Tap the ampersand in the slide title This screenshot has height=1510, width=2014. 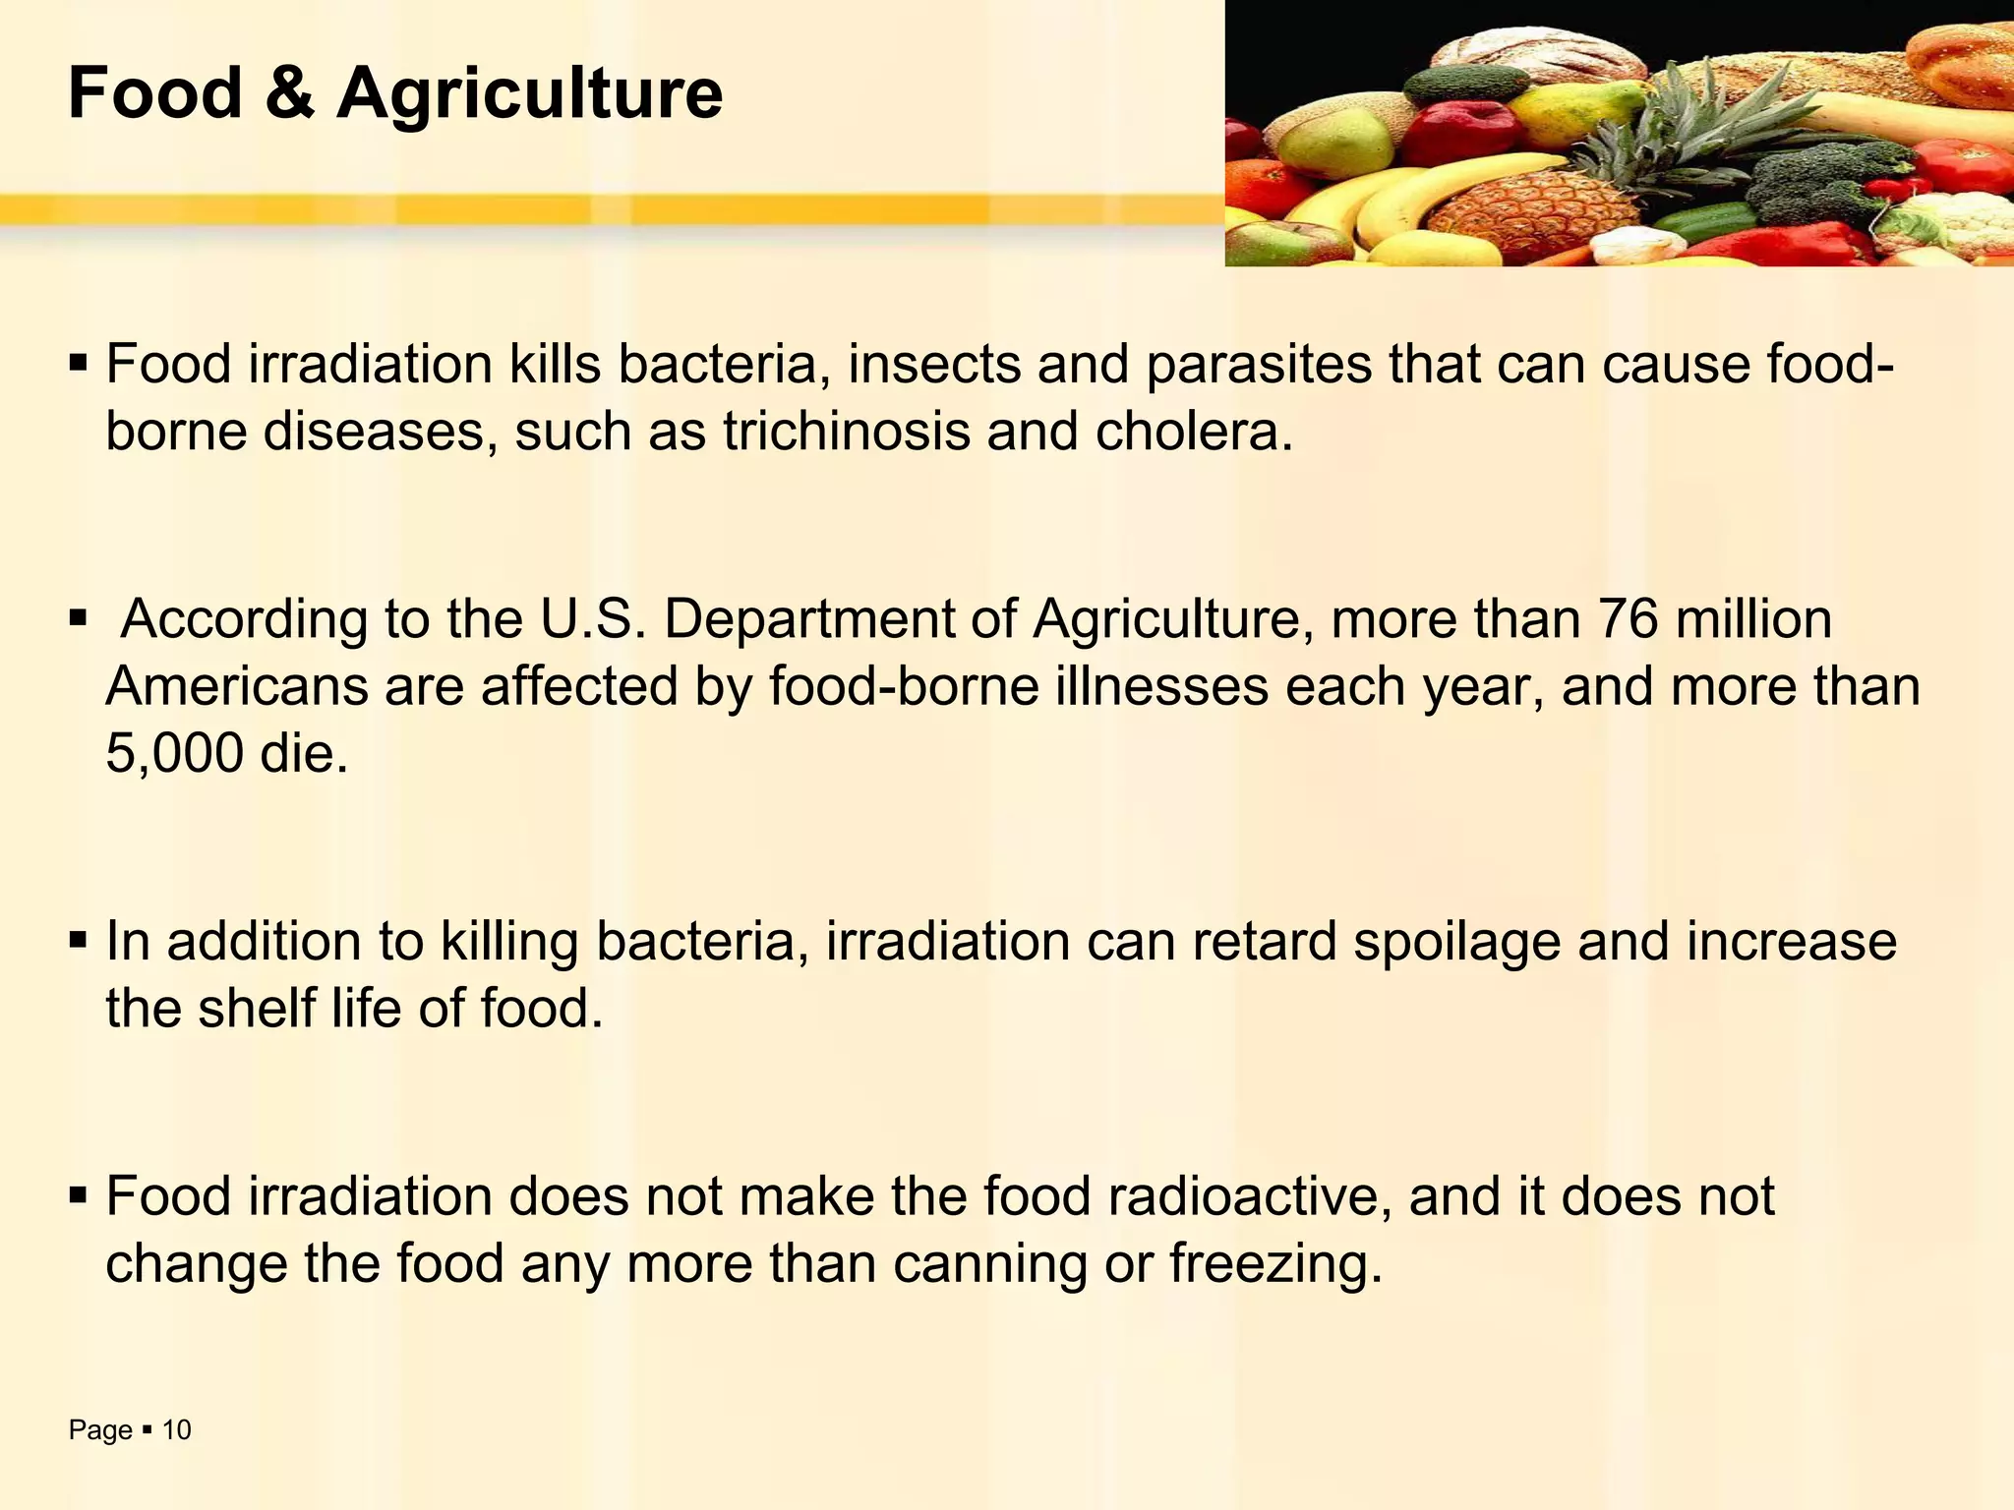[x=289, y=93]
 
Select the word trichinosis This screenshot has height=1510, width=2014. [x=846, y=432]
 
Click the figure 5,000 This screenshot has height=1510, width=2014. [x=174, y=754]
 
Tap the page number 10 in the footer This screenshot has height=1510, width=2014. [x=176, y=1430]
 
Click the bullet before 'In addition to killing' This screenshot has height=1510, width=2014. [x=79, y=941]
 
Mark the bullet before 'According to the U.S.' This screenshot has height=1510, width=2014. [x=79, y=620]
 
